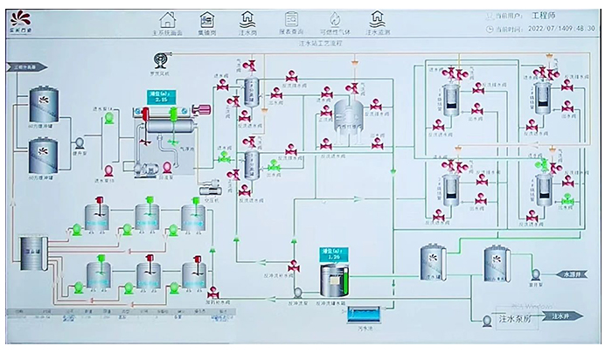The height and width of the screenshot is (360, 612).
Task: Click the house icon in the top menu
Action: coord(165,18)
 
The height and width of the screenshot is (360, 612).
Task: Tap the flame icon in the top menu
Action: coord(333,18)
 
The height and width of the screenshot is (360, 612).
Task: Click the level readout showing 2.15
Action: coord(160,100)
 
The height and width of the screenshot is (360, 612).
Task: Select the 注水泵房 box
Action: coord(514,319)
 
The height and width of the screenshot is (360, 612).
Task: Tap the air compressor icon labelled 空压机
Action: coord(211,186)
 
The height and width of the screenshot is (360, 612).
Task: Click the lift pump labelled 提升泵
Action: coord(77,141)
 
